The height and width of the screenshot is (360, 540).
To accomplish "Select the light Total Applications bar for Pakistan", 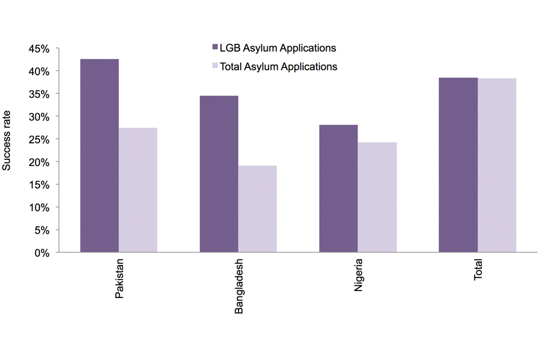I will [138, 190].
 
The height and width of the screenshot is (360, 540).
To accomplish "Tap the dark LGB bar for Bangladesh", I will [219, 174].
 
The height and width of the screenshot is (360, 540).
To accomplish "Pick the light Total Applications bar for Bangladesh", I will [258, 209].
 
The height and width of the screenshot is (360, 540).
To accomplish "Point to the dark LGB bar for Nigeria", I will [339, 188].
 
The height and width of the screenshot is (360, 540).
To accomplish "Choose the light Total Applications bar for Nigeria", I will [377, 197].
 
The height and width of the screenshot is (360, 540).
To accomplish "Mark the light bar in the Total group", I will [497, 165].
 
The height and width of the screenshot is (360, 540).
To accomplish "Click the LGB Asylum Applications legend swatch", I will [214, 48].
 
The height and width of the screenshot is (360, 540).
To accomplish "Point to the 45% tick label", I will [39, 49].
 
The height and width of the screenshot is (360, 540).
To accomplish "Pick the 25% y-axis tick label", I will [39, 139].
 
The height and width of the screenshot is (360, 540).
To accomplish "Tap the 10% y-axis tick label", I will [39, 208].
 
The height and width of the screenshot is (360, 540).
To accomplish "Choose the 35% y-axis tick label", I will [39, 94].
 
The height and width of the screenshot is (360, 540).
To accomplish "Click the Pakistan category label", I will [120, 279].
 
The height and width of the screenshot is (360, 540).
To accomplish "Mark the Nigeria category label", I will [359, 276].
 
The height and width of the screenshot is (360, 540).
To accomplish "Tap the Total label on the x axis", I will [479, 271].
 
